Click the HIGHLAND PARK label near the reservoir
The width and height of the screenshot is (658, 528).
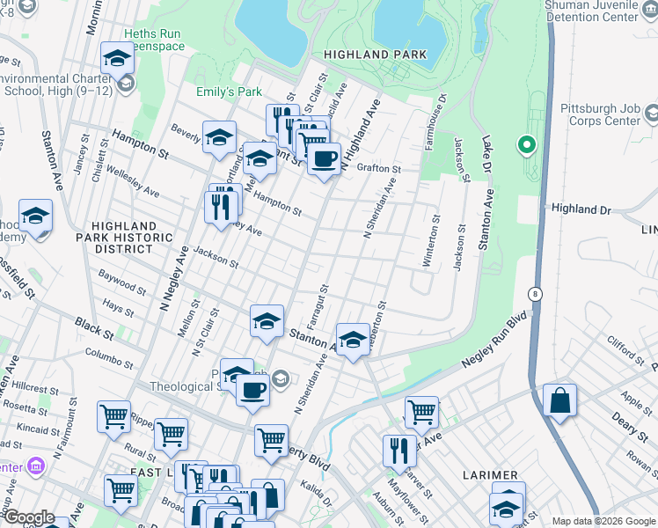(x=375, y=55)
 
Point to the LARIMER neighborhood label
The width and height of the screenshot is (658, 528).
(x=491, y=475)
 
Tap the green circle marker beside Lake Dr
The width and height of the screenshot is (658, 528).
(x=527, y=144)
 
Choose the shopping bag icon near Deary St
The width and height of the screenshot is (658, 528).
(x=559, y=400)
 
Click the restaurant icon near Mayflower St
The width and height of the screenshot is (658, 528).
(x=399, y=451)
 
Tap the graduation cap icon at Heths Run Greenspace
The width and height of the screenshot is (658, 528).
(x=116, y=59)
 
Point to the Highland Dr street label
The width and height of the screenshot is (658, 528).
(x=580, y=209)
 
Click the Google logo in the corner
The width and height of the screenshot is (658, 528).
(x=28, y=517)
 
